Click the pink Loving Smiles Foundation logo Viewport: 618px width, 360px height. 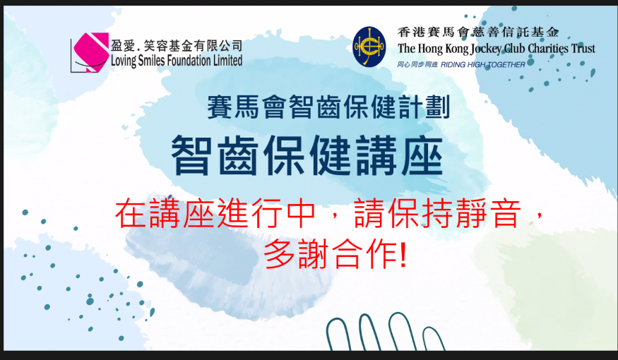tap(90, 52)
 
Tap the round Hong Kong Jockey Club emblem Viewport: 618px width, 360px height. tap(369, 47)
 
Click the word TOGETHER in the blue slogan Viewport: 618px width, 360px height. tap(506, 65)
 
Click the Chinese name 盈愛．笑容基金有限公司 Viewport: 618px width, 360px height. tap(177, 46)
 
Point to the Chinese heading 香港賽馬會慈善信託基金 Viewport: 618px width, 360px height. tap(478, 32)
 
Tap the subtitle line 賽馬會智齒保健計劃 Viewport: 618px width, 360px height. tap(328, 107)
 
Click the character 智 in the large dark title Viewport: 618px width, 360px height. tap(190, 155)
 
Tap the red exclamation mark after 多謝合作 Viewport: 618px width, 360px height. tap(403, 254)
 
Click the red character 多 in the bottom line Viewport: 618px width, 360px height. tap(279, 254)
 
